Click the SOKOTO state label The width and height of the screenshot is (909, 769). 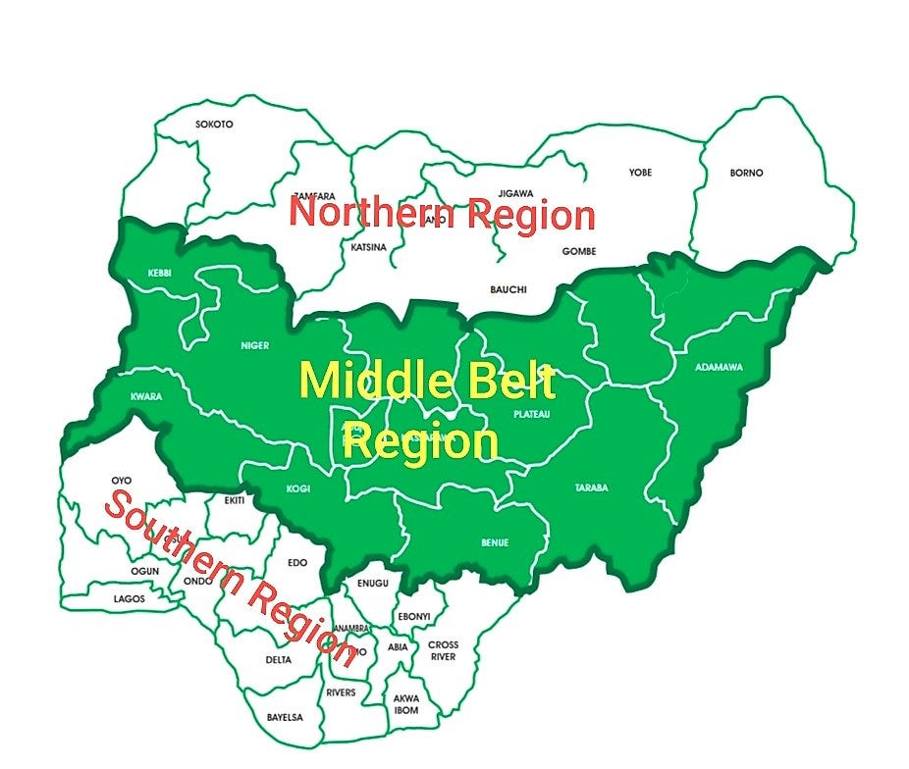pyautogui.click(x=214, y=125)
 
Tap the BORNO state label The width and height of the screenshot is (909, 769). pyautogui.click(x=746, y=173)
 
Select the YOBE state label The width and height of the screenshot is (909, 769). pyautogui.click(x=640, y=173)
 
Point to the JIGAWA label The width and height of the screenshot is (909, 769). pyautogui.click(x=515, y=193)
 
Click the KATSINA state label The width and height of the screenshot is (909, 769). pyautogui.click(x=368, y=247)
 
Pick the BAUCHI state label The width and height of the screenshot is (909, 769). pyautogui.click(x=508, y=289)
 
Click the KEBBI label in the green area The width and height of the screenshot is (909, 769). pyautogui.click(x=159, y=273)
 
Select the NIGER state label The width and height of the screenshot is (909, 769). pyautogui.click(x=254, y=345)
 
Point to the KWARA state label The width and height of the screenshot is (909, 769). pyautogui.click(x=145, y=397)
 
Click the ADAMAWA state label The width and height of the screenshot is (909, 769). pyautogui.click(x=719, y=368)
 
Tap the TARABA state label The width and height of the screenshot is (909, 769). pyautogui.click(x=592, y=487)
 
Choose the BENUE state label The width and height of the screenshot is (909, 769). pyautogui.click(x=494, y=542)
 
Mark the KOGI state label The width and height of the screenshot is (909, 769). pyautogui.click(x=297, y=488)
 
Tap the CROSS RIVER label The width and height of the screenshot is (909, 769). pyautogui.click(x=443, y=651)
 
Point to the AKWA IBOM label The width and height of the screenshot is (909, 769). pyautogui.click(x=405, y=704)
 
